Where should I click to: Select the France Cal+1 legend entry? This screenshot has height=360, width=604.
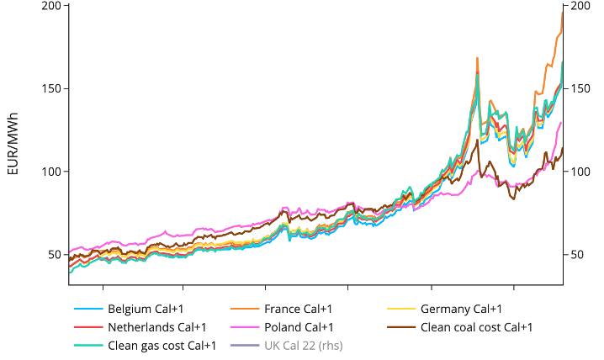pos(298,309)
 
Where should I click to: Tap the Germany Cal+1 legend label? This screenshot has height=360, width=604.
pos(461,309)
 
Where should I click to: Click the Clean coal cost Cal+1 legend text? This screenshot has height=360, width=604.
pos(476,327)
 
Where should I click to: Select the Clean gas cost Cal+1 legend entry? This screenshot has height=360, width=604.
pos(162,346)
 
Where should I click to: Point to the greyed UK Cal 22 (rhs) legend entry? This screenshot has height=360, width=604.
pos(303,346)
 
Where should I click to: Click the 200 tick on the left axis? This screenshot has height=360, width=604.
pos(52,6)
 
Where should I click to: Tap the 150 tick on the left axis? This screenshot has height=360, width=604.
pos(52,88)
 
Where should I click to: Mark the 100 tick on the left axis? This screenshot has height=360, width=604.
pos(52,172)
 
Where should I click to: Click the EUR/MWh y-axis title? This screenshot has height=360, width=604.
pos(13,143)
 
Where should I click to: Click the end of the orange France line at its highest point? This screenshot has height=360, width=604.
pos(562,12)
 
